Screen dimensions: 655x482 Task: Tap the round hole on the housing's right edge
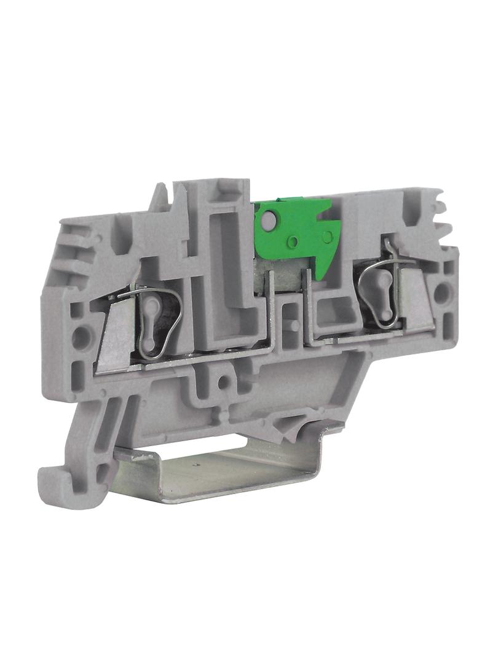441,294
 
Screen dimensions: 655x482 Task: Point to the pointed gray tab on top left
159,196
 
